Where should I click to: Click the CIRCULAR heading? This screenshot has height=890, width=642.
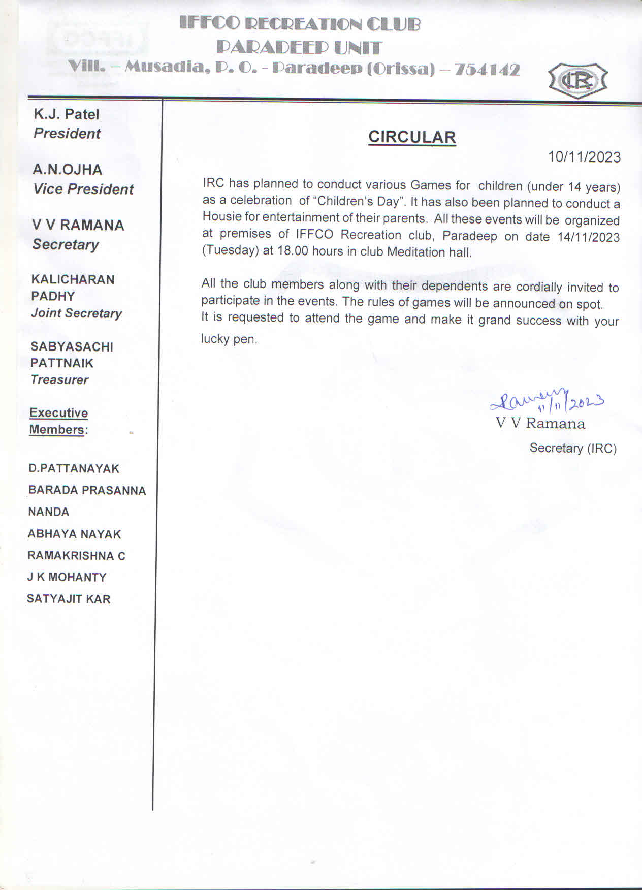(x=412, y=137)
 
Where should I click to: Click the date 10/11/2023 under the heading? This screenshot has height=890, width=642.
(x=584, y=157)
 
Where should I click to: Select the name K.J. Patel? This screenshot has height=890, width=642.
(x=67, y=114)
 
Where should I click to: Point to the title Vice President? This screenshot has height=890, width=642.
(x=83, y=189)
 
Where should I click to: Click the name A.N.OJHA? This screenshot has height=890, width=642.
(x=68, y=169)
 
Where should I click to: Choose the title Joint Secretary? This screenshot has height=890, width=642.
(x=76, y=313)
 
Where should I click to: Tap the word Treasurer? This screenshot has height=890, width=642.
(x=59, y=379)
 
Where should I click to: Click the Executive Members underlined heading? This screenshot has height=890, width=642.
(x=58, y=421)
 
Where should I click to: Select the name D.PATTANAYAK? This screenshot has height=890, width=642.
(x=74, y=468)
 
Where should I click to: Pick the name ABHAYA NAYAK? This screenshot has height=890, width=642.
(x=74, y=534)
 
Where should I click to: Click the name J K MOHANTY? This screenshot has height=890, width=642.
(x=67, y=577)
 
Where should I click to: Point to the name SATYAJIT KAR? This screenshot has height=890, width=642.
(x=69, y=599)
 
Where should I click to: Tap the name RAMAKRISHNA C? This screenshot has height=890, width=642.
(x=76, y=556)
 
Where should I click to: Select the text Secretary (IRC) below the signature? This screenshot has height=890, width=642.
(x=573, y=448)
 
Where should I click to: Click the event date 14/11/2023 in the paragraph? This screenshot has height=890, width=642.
(x=588, y=237)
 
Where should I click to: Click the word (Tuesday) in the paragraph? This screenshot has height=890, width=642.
(x=231, y=251)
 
